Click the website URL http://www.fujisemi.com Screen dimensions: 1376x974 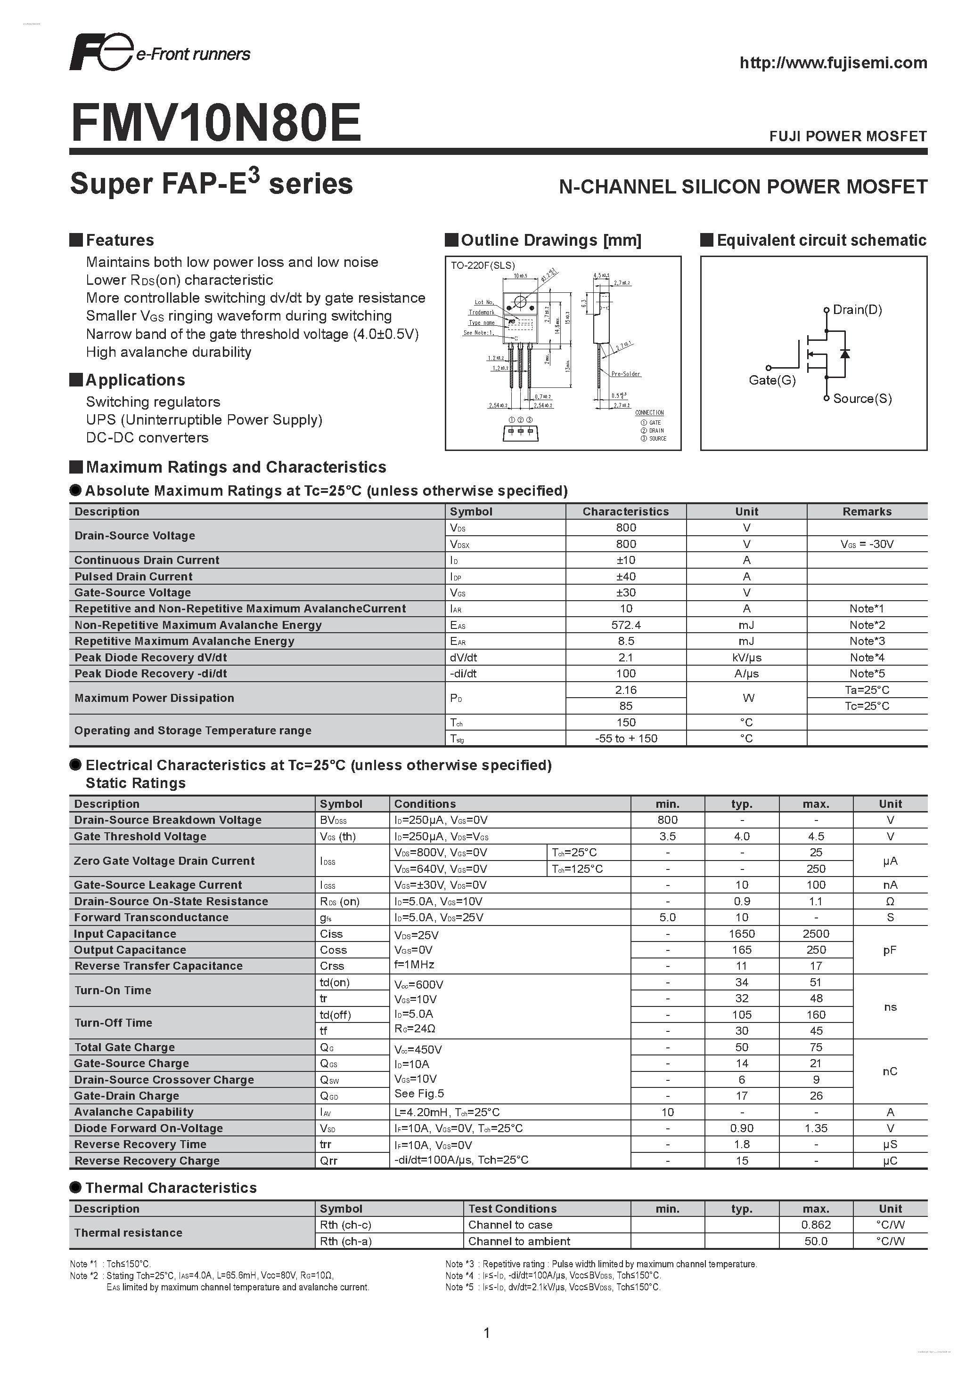833,63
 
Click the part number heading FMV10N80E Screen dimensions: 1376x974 216,123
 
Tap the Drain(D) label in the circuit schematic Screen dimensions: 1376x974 857,310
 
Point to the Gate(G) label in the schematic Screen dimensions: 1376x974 772,380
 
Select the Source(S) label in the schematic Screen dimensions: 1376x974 862,399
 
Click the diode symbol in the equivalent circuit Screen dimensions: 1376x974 845,354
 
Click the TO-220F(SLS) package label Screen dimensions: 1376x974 483,266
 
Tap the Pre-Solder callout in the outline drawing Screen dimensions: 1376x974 626,374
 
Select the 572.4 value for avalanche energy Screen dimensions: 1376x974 626,625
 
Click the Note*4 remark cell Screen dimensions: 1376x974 867,658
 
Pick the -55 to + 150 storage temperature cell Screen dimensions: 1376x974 626,738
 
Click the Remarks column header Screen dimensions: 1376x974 867,512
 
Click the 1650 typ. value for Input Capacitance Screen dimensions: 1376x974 741,933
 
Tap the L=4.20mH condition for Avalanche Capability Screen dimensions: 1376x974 447,1112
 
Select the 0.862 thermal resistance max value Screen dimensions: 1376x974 816,1225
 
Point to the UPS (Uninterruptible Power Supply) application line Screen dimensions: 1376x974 204,419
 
